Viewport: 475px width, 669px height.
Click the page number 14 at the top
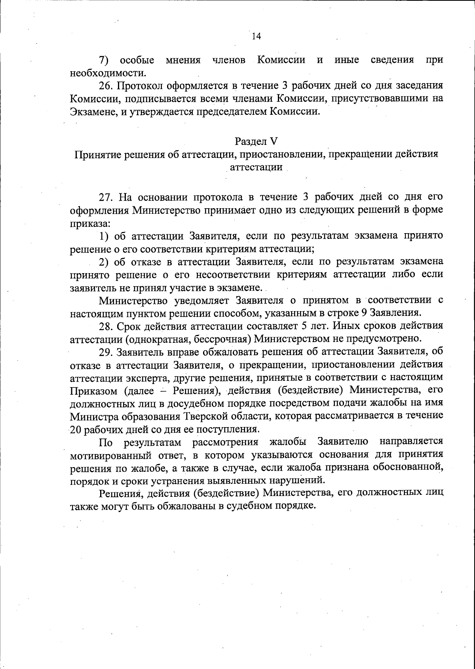tap(256, 36)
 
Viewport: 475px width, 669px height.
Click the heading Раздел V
tap(256, 141)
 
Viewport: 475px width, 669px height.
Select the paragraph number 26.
tap(106, 86)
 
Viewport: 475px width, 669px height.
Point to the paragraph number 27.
tap(106, 197)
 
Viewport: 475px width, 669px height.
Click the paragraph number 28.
tap(106, 326)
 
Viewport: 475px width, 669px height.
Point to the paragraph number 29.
tap(106, 352)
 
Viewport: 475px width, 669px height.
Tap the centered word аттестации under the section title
tap(256, 167)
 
